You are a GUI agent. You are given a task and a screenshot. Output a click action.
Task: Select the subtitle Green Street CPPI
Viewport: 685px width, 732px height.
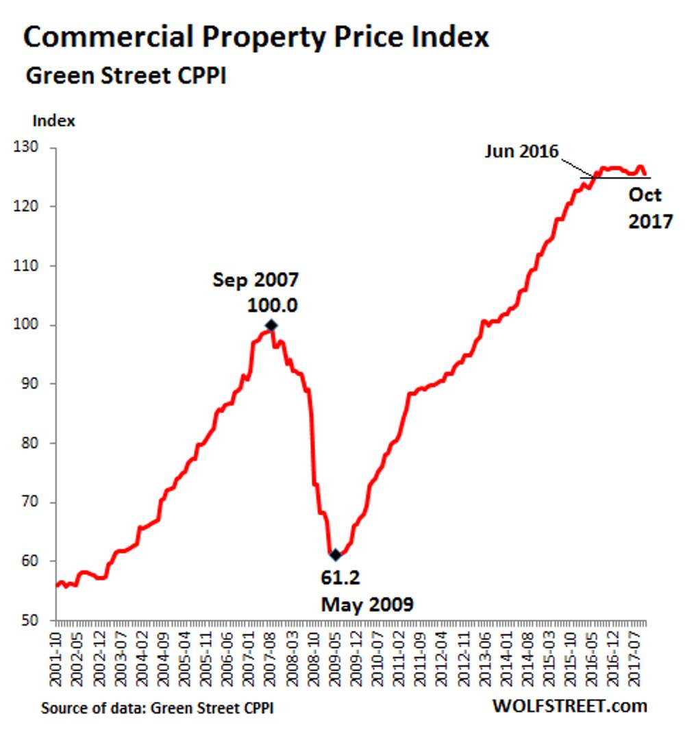click(x=126, y=76)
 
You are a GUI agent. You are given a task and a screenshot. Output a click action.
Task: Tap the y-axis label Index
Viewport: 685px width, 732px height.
click(x=54, y=121)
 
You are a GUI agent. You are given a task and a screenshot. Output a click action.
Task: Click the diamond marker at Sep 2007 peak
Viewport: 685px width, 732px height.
click(x=271, y=325)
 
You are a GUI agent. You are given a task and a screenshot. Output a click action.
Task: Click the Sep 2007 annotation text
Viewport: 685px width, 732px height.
click(x=256, y=280)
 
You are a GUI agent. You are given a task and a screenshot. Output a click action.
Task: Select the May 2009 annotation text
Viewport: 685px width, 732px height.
click(x=368, y=605)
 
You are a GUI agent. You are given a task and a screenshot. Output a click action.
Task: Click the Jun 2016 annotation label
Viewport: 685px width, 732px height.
click(x=522, y=151)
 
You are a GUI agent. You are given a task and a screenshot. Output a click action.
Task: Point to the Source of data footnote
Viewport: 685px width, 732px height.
click(x=157, y=707)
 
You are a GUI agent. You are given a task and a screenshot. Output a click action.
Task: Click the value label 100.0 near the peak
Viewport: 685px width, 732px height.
click(x=272, y=305)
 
